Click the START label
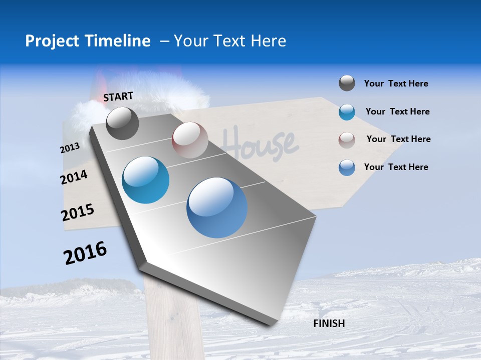point(118,96)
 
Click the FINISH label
point(329,323)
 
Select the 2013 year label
point(70,148)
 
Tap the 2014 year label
point(74,177)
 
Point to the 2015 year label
point(77,212)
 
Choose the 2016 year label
point(85,252)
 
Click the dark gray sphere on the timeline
point(122,123)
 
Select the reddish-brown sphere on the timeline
point(190,140)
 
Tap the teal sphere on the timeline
point(145,180)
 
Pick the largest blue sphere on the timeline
point(217,207)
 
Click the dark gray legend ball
point(347,83)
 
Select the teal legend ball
point(347,112)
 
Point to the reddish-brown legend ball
point(347,139)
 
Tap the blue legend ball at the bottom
point(347,167)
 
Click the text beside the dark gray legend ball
point(396,83)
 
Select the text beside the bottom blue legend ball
point(396,167)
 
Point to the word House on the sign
point(261,142)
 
